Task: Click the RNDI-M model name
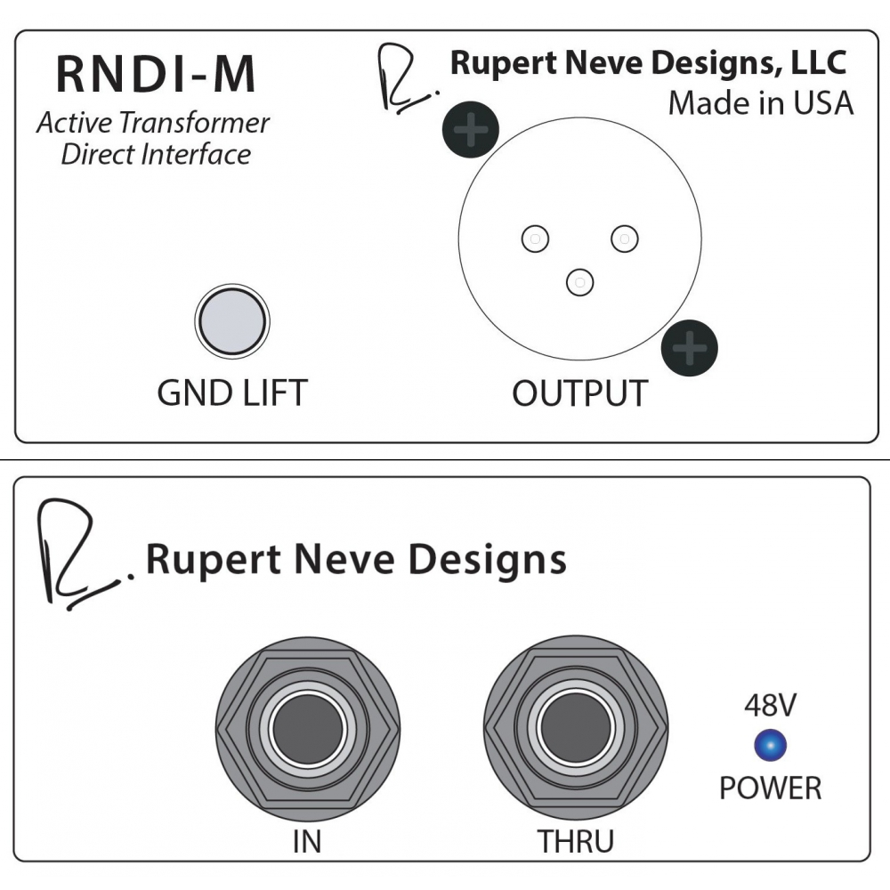(x=156, y=74)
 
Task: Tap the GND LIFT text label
(x=232, y=392)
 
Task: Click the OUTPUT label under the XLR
(x=579, y=392)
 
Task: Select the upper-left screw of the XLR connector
(x=471, y=129)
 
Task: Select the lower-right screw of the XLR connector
(x=690, y=348)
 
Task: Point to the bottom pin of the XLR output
(x=580, y=282)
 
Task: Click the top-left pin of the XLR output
(x=535, y=239)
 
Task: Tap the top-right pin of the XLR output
(x=625, y=239)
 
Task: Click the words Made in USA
(x=761, y=103)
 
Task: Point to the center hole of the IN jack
(x=308, y=728)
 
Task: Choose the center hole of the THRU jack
(x=576, y=728)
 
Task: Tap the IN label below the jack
(x=307, y=841)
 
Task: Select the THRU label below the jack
(x=576, y=841)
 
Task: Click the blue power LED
(x=770, y=745)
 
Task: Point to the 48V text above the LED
(x=770, y=705)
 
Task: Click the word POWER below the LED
(x=770, y=788)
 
